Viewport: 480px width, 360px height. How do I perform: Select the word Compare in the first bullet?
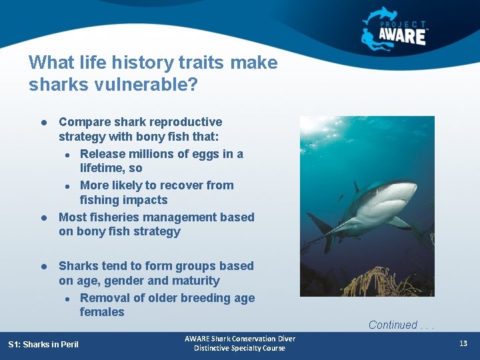[83, 122]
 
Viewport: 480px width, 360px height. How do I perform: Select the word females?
[102, 312]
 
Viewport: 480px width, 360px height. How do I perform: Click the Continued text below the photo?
[393, 325]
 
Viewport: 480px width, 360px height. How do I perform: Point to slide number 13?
[463, 343]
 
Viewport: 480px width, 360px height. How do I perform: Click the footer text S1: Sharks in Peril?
[43, 345]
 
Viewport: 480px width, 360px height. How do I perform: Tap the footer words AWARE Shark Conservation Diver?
[239, 339]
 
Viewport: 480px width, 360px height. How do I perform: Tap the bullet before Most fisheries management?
[42, 218]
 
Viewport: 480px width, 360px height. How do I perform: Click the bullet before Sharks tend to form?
[42, 266]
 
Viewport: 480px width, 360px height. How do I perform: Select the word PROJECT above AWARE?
[403, 24]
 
